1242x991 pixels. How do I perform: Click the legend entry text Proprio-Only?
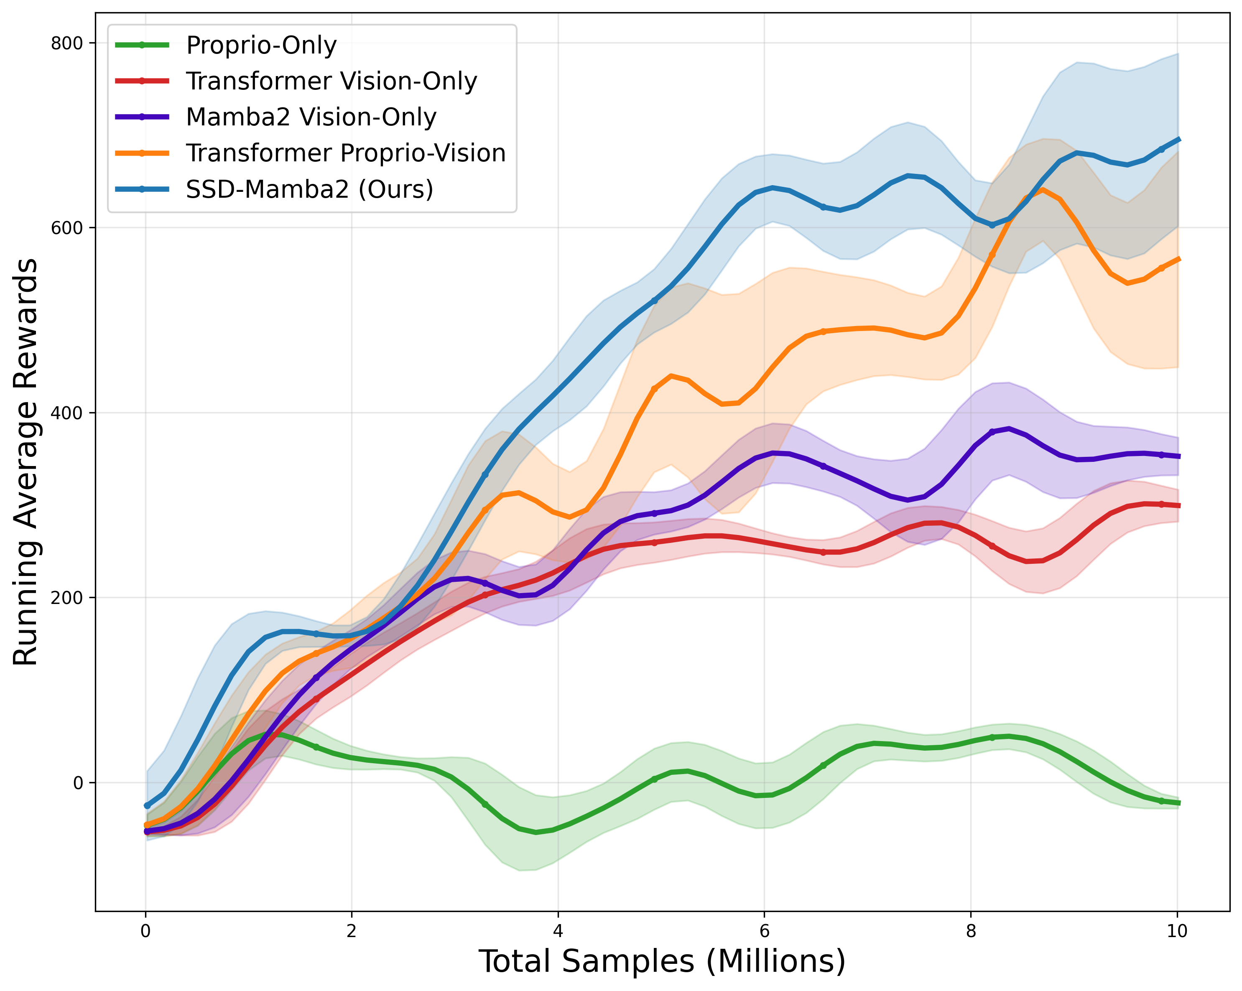coord(261,46)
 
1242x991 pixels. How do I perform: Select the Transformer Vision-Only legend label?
coord(331,81)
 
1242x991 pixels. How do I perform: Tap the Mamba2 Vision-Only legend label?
coord(311,117)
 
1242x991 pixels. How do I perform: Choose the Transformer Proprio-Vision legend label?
coord(346,153)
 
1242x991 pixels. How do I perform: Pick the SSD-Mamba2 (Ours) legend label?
coord(309,189)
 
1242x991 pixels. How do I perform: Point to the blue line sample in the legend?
coord(142,189)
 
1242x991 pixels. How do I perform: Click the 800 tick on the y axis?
coord(67,43)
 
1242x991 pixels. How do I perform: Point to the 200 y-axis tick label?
coord(67,598)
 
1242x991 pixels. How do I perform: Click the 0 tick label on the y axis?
coord(78,783)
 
